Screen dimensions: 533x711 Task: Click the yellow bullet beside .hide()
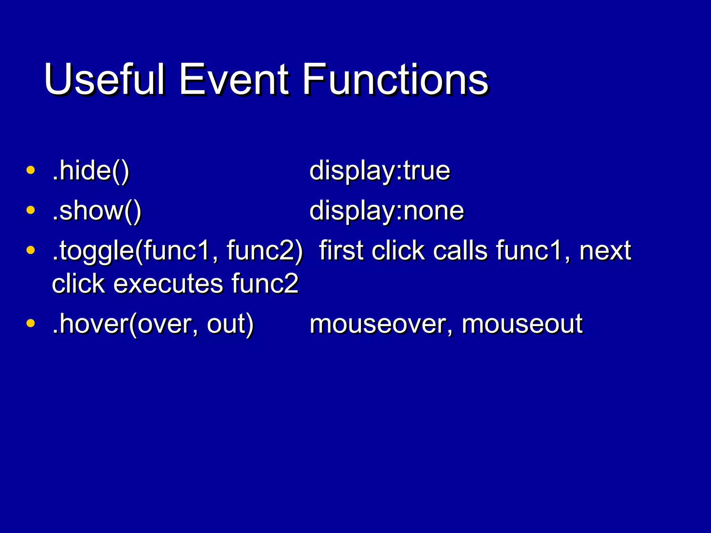(x=31, y=170)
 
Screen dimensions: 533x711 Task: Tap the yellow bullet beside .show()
(x=31, y=210)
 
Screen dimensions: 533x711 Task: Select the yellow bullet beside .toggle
(x=31, y=250)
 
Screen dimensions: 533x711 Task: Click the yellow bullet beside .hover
(x=31, y=323)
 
